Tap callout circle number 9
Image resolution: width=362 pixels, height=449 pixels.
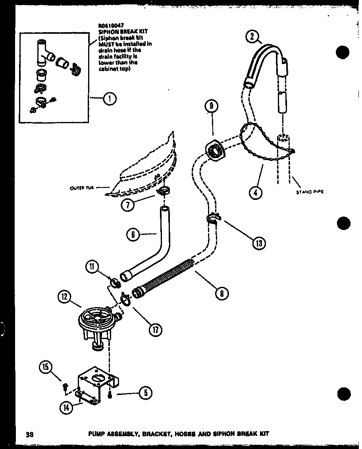coord(212,106)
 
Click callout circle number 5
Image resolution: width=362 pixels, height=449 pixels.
coord(145,394)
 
